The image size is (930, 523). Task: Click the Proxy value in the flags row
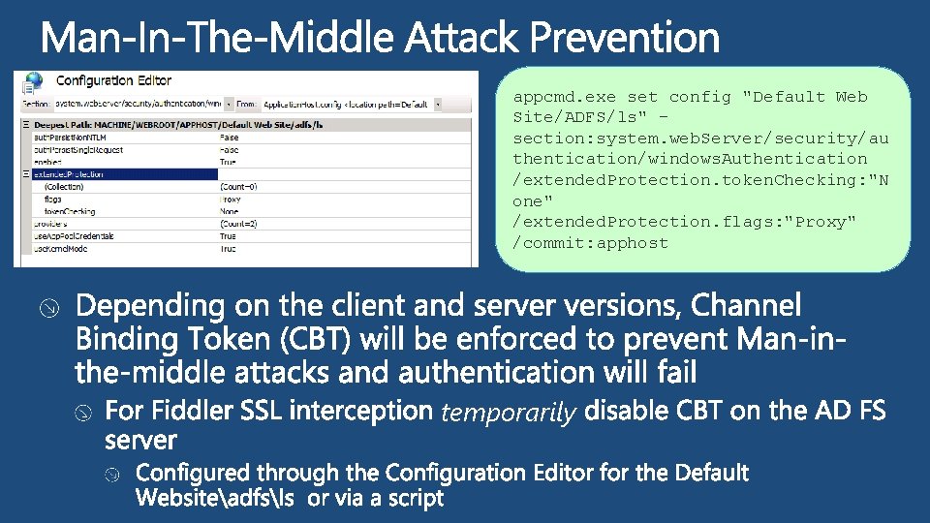[231, 199]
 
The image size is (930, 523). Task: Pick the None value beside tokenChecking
[230, 211]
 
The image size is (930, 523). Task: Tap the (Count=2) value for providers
[239, 224]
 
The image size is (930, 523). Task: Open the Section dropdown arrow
[229, 102]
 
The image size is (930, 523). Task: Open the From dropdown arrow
[438, 102]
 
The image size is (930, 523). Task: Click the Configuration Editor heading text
[114, 80]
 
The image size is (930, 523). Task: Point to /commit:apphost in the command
[591, 243]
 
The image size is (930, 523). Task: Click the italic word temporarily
[509, 414]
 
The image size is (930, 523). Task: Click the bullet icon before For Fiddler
[84, 414]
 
